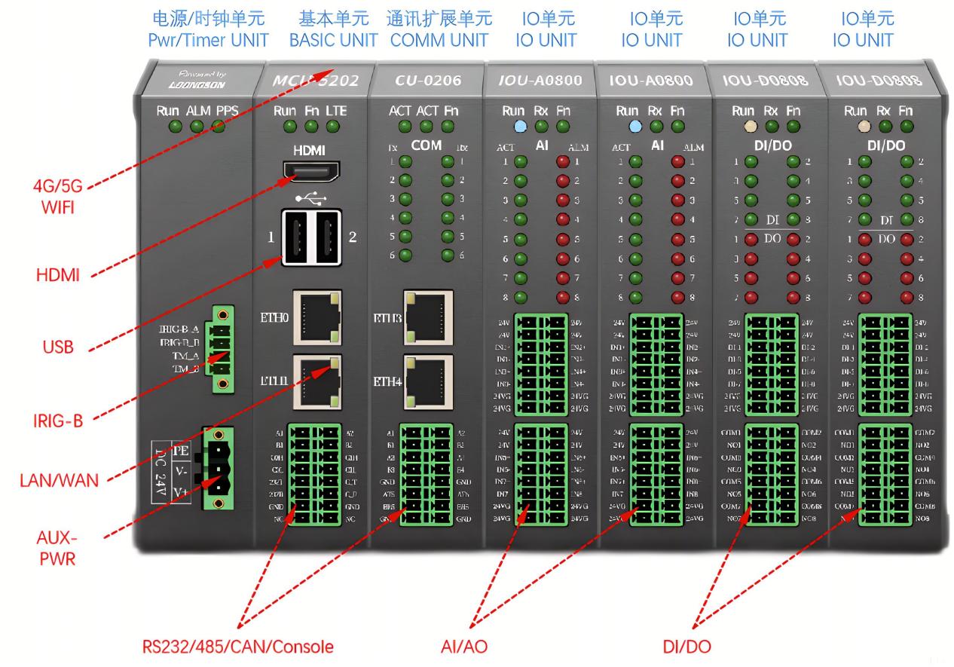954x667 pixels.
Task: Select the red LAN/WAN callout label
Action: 58,479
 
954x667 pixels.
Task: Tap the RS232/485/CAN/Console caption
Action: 238,646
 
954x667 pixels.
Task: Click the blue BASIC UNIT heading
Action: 334,40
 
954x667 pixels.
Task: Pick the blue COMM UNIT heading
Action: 439,40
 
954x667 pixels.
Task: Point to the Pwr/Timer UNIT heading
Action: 208,40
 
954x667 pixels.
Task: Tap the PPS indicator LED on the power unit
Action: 219,127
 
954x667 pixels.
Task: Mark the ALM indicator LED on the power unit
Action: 197,127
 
